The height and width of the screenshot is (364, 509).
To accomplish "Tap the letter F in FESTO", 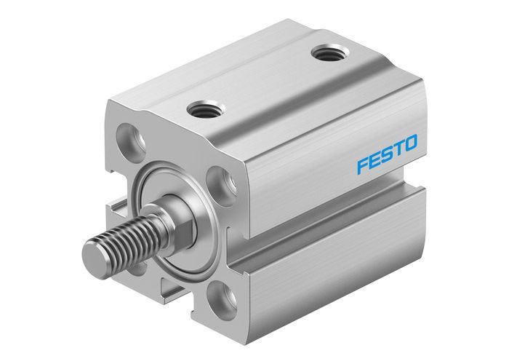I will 362,164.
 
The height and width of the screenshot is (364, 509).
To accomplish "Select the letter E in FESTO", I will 374,159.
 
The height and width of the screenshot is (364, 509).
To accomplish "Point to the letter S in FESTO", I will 385,154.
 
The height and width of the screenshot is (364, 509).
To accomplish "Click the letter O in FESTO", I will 411,144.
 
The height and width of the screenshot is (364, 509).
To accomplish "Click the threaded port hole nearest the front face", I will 202,110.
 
